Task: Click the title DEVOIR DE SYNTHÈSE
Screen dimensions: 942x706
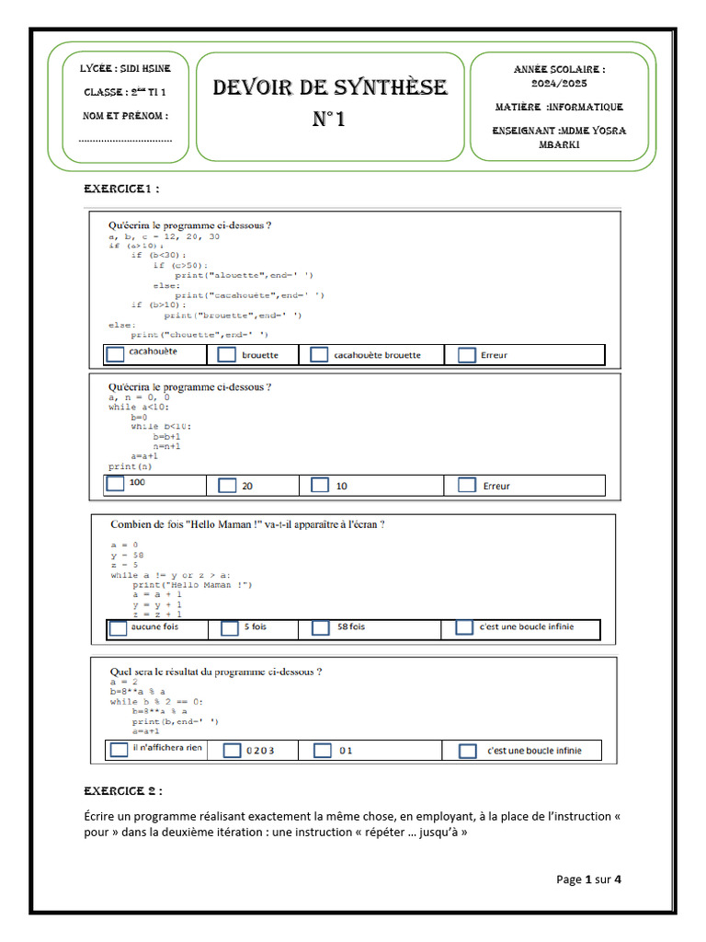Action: (x=330, y=88)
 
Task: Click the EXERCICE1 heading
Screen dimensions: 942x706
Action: (x=121, y=189)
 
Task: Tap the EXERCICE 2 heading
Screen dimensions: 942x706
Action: (x=123, y=790)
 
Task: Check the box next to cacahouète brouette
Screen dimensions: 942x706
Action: (x=319, y=355)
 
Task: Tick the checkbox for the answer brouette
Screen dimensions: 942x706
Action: (x=227, y=355)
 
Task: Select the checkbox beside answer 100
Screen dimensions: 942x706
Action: (x=116, y=483)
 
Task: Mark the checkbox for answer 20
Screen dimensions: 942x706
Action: (x=227, y=486)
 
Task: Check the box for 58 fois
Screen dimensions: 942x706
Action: (x=321, y=628)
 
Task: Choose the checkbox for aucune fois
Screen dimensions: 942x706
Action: (x=119, y=628)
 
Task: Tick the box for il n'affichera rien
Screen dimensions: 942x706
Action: (x=119, y=750)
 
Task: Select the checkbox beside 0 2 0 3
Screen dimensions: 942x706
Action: (x=232, y=751)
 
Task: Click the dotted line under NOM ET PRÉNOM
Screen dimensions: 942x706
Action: (x=125, y=140)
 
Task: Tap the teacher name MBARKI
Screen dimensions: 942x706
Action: (x=559, y=144)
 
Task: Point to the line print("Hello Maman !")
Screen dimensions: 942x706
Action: (x=192, y=585)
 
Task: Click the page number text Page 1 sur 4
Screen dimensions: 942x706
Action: (x=588, y=879)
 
